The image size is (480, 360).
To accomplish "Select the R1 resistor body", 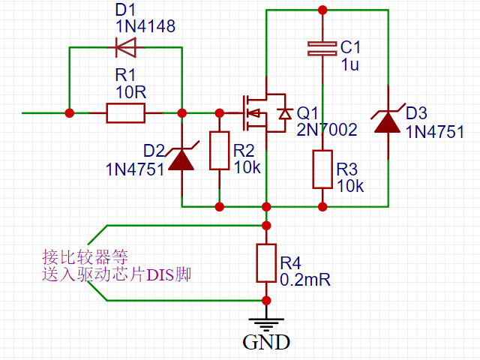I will tap(125, 113).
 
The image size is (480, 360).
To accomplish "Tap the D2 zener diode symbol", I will tap(181, 157).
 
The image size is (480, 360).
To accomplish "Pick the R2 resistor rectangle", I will tap(219, 151).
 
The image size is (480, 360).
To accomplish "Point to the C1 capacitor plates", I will tap(322, 49).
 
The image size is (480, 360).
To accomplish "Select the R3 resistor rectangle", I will tap(322, 169).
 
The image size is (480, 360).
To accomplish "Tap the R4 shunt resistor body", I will tap(265, 262).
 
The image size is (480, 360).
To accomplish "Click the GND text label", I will tap(265, 343).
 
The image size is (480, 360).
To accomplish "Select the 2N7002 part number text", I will tap(326, 129).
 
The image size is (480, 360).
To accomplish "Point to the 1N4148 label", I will tap(145, 27).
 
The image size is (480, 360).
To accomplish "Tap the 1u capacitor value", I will tap(349, 64).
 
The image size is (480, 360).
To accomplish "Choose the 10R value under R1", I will tap(131, 90).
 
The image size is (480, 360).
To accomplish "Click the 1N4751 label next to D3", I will tap(435, 131).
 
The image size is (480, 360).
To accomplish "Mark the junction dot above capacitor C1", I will tap(322, 10).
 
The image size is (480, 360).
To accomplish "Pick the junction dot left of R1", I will tap(70, 113).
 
